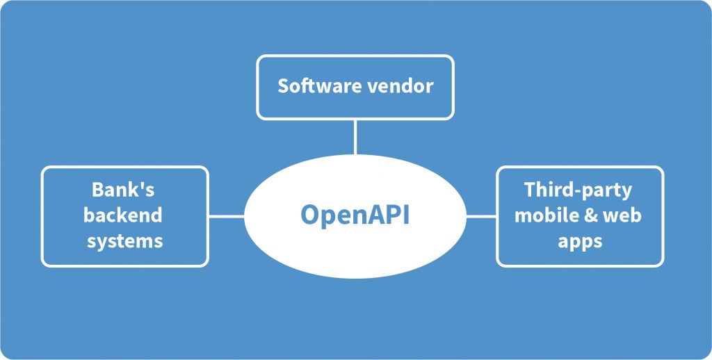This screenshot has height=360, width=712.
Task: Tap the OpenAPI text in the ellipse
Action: [x=355, y=215]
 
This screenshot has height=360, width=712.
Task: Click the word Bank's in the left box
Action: [x=123, y=190]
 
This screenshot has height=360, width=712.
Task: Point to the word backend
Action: [x=123, y=215]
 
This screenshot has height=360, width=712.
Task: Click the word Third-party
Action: [x=578, y=190]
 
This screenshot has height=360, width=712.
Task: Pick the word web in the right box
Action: [x=621, y=215]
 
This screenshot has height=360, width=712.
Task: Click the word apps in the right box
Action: [x=579, y=241]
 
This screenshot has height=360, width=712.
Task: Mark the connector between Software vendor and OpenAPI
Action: [x=355, y=136]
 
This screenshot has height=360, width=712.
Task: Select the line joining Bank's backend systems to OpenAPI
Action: [x=226, y=216]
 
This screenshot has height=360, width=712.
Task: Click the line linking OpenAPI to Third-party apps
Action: [x=481, y=216]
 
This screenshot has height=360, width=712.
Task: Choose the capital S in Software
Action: [x=283, y=86]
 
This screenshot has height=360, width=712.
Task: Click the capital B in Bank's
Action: [x=98, y=190]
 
